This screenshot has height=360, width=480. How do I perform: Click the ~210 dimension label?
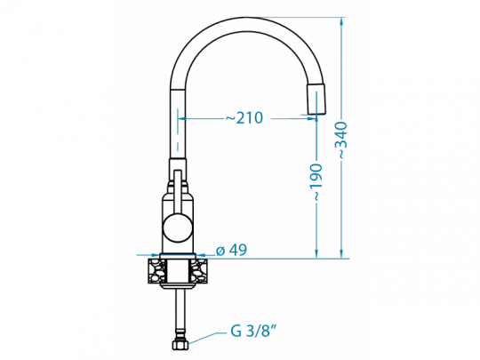pyautogui.click(x=243, y=118)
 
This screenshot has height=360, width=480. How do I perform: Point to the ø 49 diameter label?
pyautogui.click(x=231, y=251)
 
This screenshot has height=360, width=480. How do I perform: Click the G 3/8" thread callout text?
pyautogui.click(x=254, y=332)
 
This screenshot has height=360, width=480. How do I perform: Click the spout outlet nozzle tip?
pyautogui.click(x=316, y=100)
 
